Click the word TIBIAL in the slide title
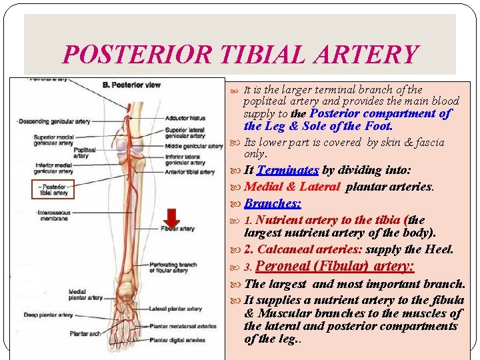pyautogui.click(x=260, y=55)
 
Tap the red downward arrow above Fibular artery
pyautogui.click(x=172, y=217)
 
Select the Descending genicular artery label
pyautogui.click(x=54, y=121)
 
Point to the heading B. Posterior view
pyautogui.click(x=131, y=85)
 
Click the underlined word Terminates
pyautogui.click(x=287, y=171)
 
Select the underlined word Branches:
pyautogui.click(x=273, y=203)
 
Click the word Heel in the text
pyautogui.click(x=439, y=249)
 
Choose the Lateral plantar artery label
pyautogui.click(x=176, y=309)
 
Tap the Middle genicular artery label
pyautogui.click(x=193, y=146)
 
